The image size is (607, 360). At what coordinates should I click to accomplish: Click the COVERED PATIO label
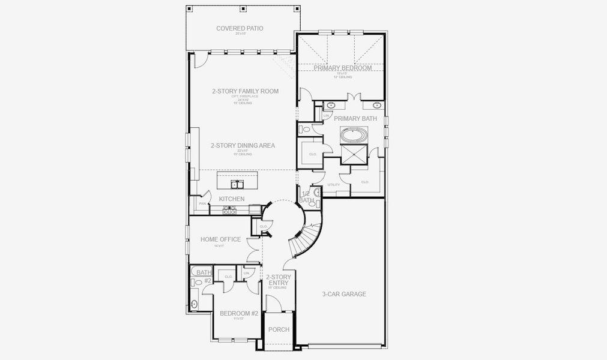tap(240, 28)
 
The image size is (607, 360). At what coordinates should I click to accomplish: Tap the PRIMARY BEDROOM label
tap(342, 68)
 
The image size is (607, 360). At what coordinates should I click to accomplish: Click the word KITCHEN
tap(231, 199)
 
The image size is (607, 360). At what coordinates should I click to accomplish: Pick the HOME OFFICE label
tap(220, 239)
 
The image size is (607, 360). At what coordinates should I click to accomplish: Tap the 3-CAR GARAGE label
tap(344, 294)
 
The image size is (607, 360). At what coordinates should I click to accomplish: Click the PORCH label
tap(279, 329)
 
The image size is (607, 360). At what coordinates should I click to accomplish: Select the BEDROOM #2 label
tap(238, 313)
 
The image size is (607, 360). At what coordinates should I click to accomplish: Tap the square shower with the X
tap(354, 155)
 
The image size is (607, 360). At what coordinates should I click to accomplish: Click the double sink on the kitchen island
tap(237, 184)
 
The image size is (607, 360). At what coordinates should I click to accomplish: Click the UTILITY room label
tap(333, 185)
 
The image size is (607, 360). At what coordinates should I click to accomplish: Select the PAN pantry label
tap(202, 204)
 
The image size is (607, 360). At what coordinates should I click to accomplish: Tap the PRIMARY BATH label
tap(355, 119)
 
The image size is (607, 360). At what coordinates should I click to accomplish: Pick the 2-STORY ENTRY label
tap(279, 280)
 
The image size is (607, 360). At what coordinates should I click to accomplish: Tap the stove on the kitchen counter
tap(230, 211)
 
